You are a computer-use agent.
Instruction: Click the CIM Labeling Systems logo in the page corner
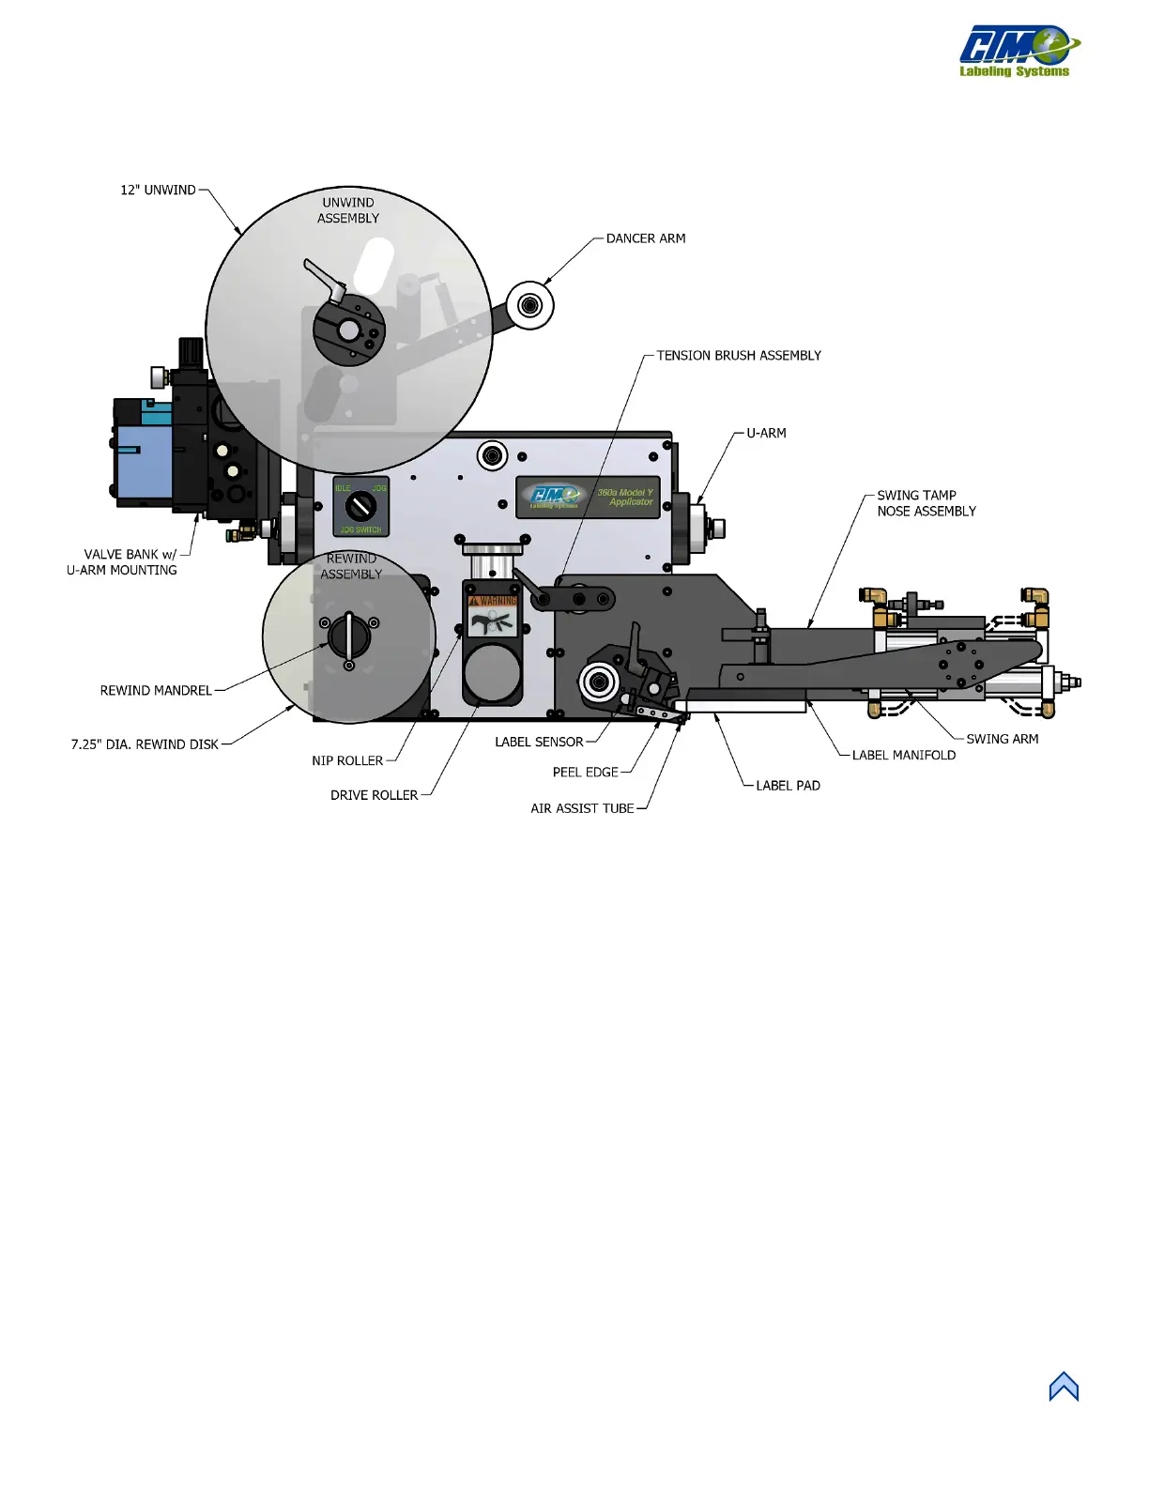click(1018, 52)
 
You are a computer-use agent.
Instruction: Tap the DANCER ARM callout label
click(646, 238)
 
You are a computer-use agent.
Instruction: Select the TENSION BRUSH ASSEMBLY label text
click(739, 356)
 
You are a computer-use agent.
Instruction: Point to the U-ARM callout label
click(766, 434)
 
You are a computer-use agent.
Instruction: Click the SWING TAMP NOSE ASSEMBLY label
click(926, 503)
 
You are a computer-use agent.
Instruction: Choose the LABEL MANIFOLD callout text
click(903, 755)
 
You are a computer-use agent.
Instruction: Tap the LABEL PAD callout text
click(788, 786)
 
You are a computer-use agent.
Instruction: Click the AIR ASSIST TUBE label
click(582, 808)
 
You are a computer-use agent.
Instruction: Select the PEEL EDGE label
click(585, 773)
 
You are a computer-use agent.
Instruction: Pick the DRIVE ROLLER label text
click(374, 795)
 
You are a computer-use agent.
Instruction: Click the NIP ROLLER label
click(347, 761)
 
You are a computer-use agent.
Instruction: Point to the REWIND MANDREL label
click(156, 691)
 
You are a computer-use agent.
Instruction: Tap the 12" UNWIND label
click(158, 191)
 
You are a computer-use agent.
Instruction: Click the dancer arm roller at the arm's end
click(530, 305)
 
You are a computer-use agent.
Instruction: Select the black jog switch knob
click(360, 507)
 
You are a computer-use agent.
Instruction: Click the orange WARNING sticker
click(493, 601)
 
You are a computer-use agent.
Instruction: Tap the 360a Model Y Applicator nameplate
click(589, 497)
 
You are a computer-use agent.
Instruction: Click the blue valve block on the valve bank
click(143, 460)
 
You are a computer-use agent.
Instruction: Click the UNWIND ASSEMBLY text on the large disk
click(348, 210)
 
